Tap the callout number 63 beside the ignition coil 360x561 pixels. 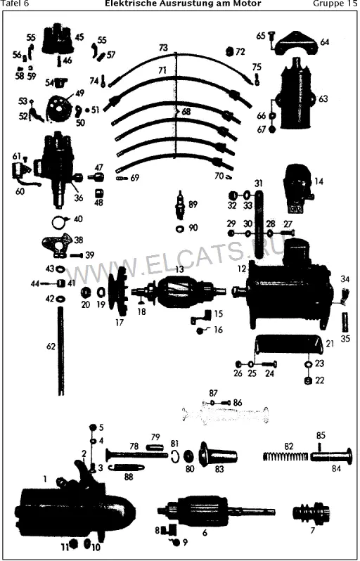pyautogui.click(x=323, y=98)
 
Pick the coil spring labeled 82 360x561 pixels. pyautogui.click(x=285, y=457)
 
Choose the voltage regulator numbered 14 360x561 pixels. pyautogui.click(x=296, y=186)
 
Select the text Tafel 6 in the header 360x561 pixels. pyautogui.click(x=15, y=4)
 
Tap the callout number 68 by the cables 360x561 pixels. pyautogui.click(x=186, y=112)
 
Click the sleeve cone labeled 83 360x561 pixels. pyautogui.click(x=218, y=453)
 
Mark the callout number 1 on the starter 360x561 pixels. pyautogui.click(x=46, y=479)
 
